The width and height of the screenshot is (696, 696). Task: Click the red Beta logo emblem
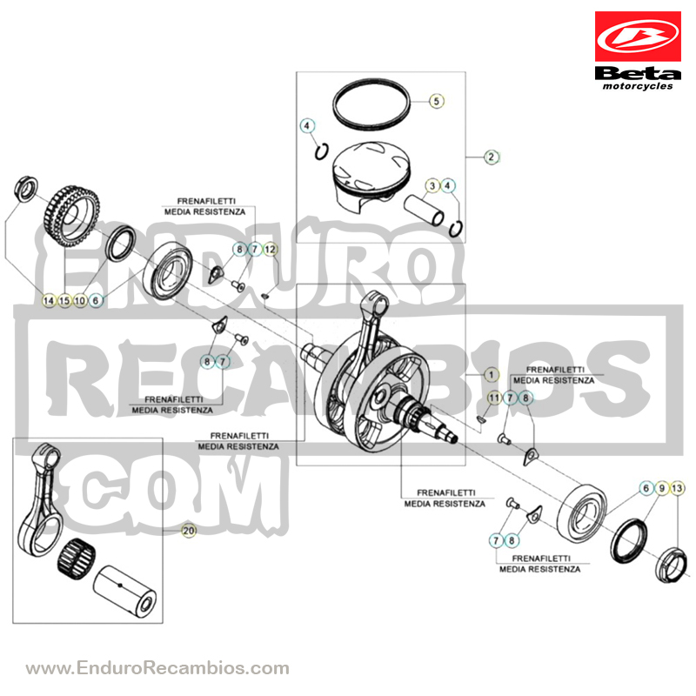638,37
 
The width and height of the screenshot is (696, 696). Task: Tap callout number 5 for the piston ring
437,101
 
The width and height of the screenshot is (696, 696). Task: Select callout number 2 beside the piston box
491,157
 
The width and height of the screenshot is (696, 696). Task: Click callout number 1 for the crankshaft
491,375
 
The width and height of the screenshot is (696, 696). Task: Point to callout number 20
189,531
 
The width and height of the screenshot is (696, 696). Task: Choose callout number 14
49,300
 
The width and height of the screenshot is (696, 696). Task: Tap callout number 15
64,300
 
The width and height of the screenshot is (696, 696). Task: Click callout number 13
677,489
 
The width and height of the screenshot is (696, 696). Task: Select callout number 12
270,250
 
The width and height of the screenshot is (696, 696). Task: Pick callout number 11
494,398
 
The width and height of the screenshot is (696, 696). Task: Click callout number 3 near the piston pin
432,185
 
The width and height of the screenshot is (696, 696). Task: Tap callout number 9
661,489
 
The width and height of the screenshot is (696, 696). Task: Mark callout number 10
80,300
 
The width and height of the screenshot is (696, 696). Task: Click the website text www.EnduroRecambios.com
157,667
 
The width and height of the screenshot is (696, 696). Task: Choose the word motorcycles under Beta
638,86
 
